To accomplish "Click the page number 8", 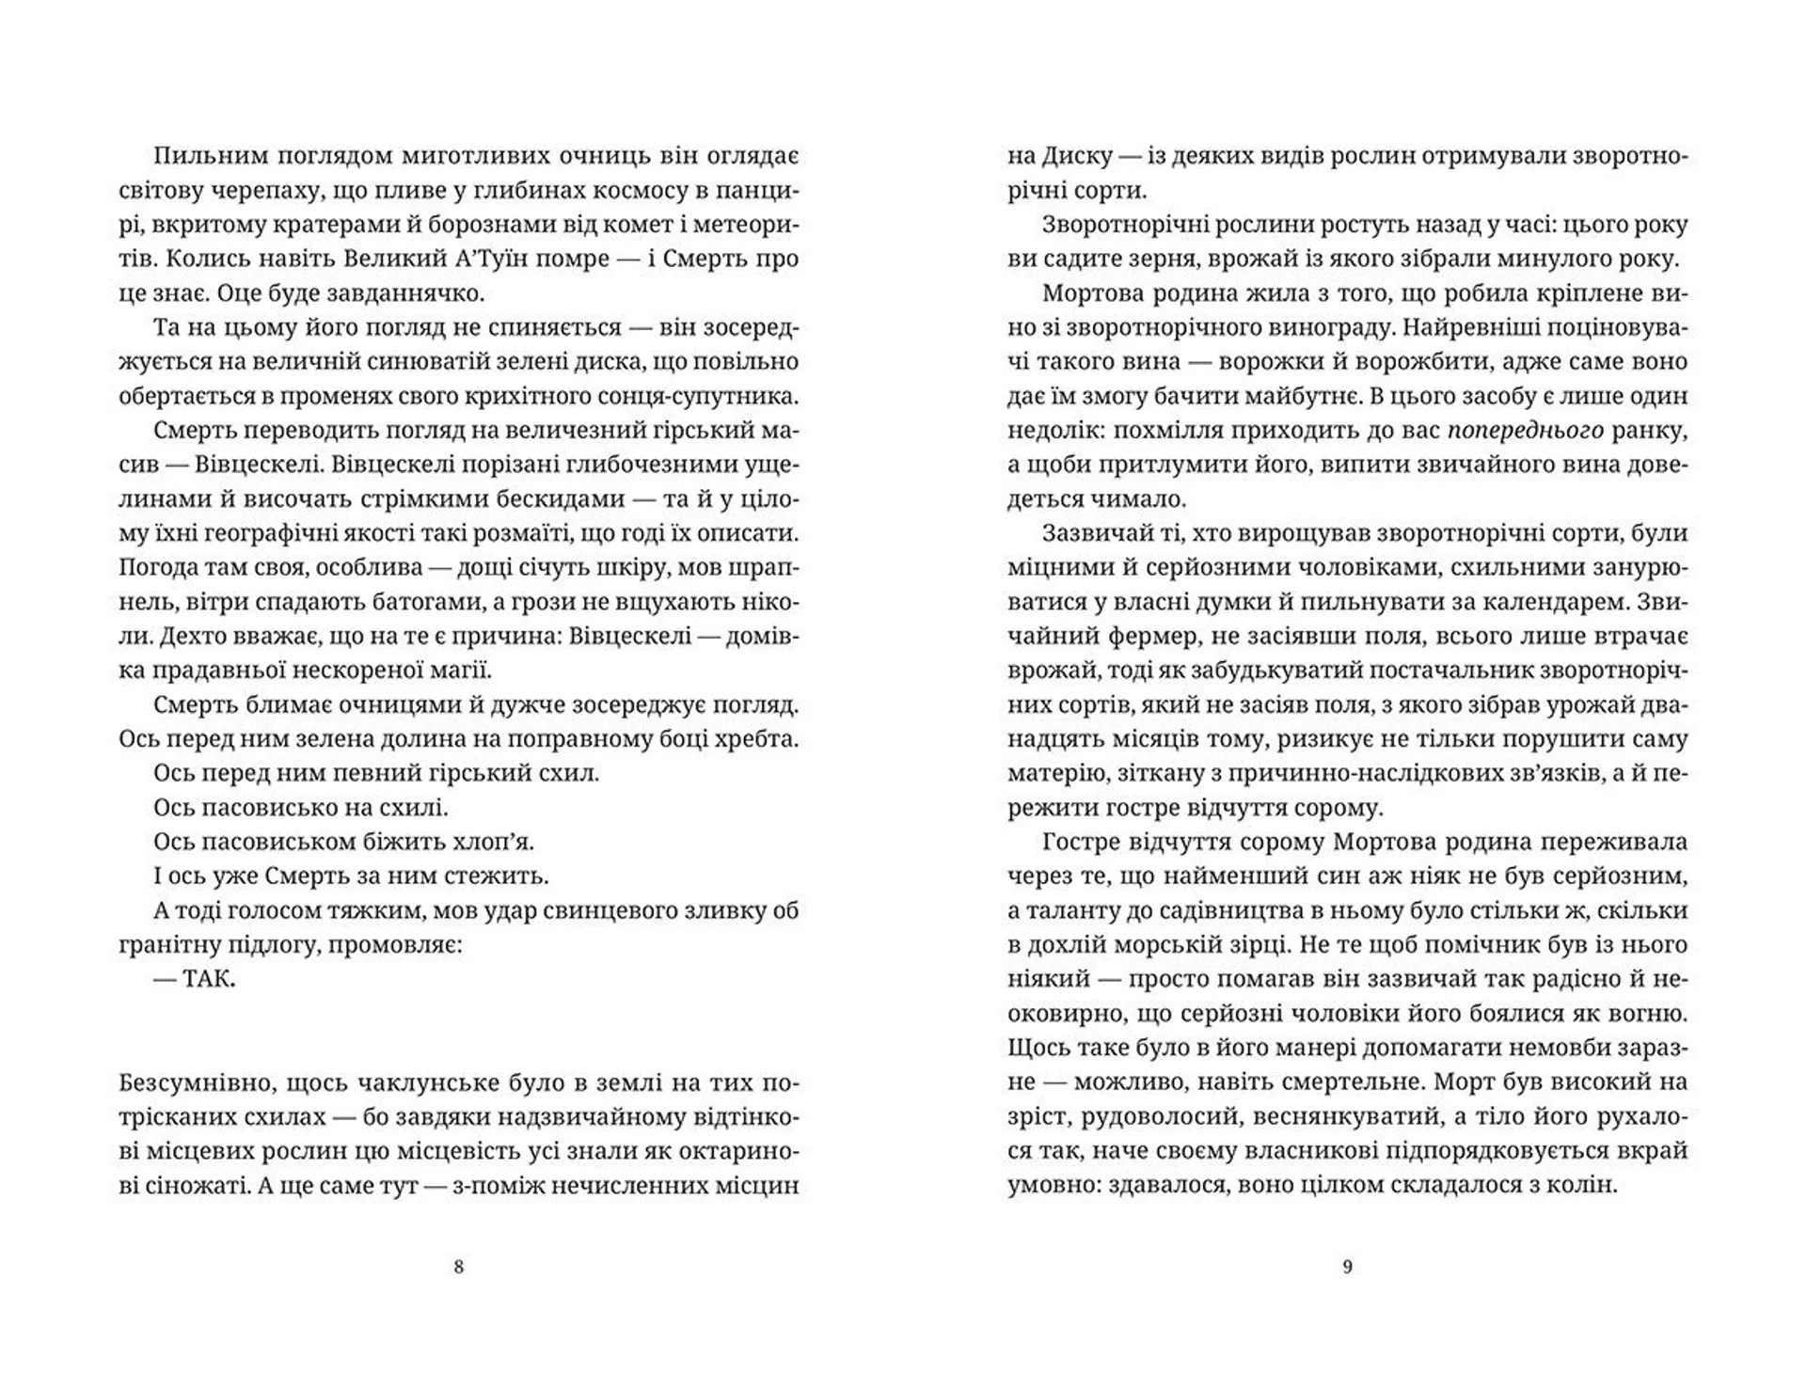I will tap(459, 1267).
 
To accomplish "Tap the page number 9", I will tap(1347, 1267).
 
